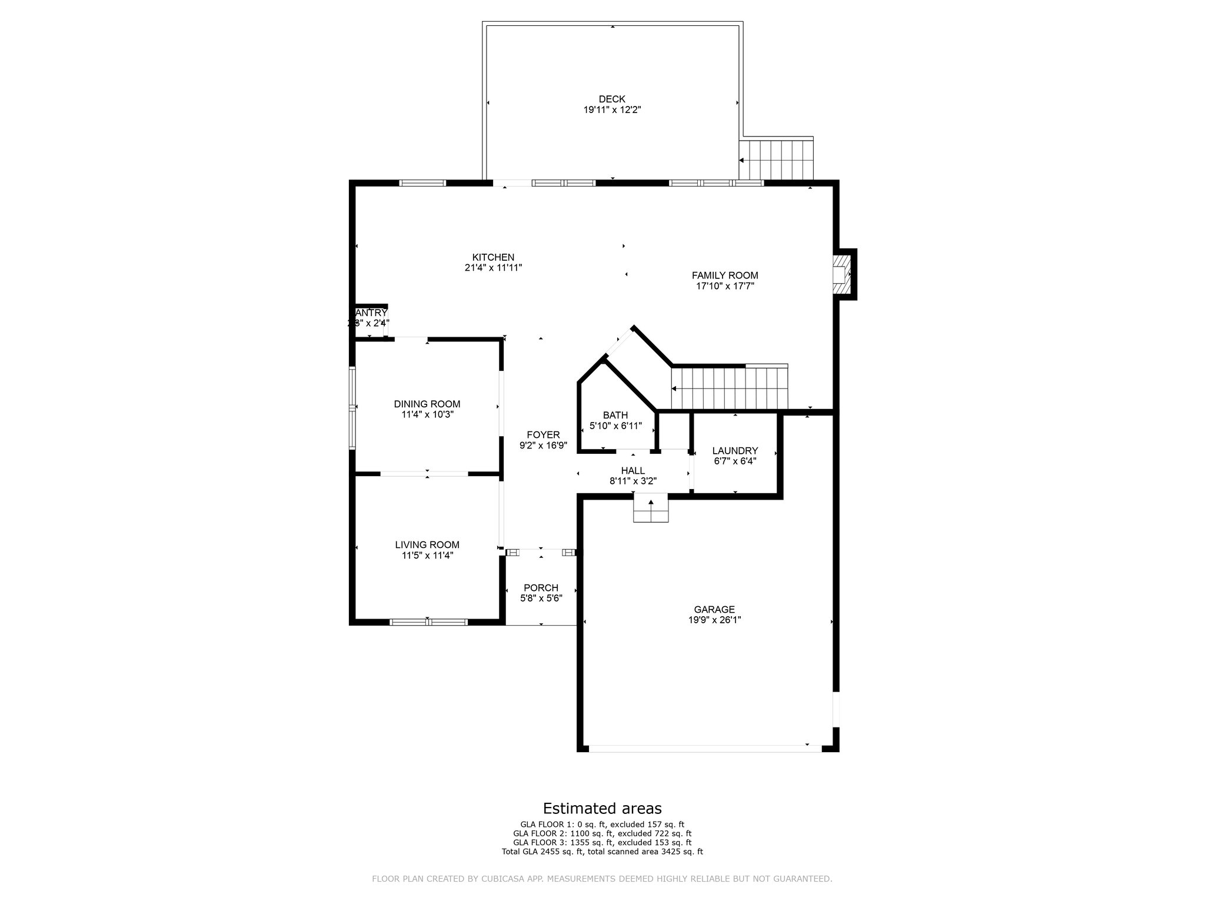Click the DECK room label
pyautogui.click(x=611, y=99)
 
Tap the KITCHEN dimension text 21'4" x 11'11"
pyautogui.click(x=493, y=268)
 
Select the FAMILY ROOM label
pyautogui.click(x=724, y=275)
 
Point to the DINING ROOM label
pyautogui.click(x=427, y=404)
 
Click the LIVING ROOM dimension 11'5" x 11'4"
pyautogui.click(x=427, y=555)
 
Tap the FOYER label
pyautogui.click(x=542, y=435)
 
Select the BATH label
pyautogui.click(x=615, y=415)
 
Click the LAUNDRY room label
pyautogui.click(x=735, y=451)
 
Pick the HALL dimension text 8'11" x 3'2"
pyautogui.click(x=633, y=481)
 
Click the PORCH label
pyautogui.click(x=541, y=588)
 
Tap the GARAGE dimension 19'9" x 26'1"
pyautogui.click(x=714, y=620)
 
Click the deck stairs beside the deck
pyautogui.click(x=776, y=159)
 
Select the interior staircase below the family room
pyautogui.click(x=730, y=388)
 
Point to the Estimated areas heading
pyautogui.click(x=602, y=808)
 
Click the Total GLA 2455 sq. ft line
pyautogui.click(x=602, y=851)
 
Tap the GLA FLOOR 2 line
pyautogui.click(x=602, y=833)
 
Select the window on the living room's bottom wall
pyautogui.click(x=428, y=621)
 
